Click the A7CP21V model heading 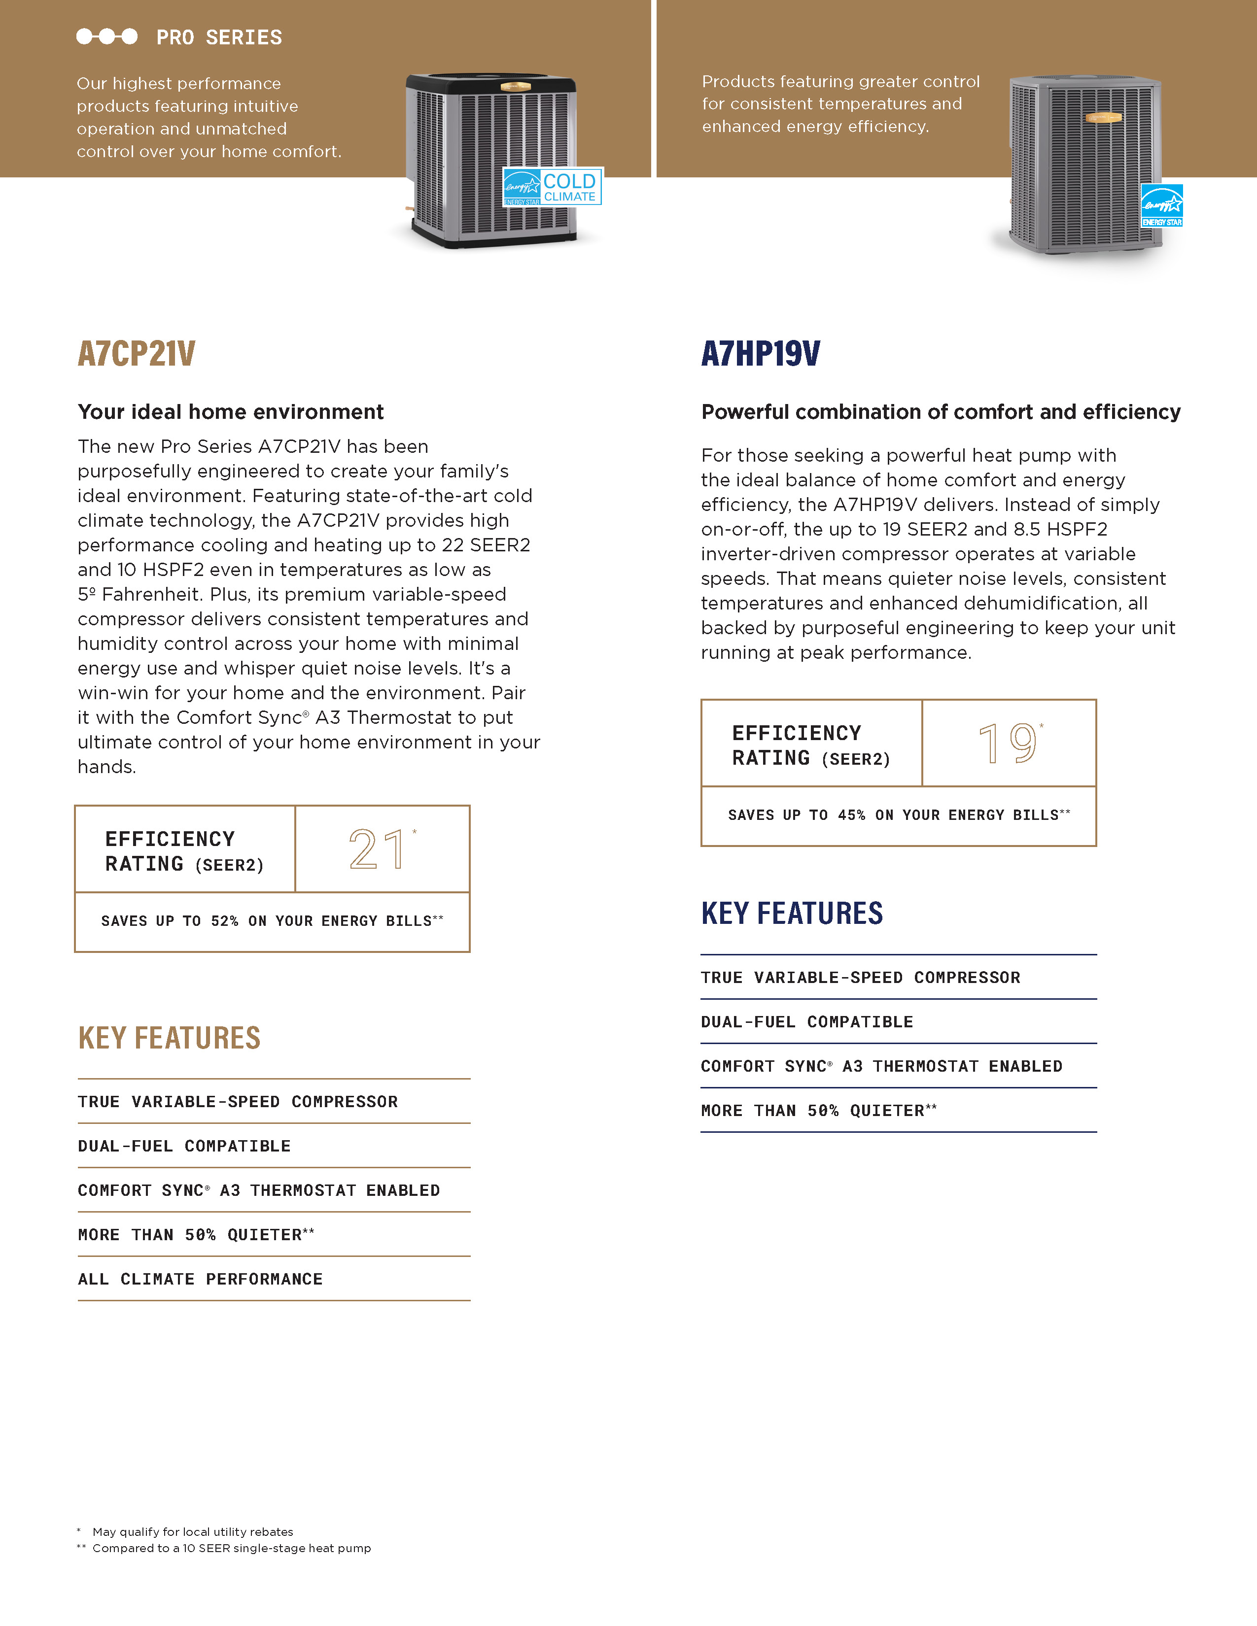point(136,354)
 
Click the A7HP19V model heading point(760,354)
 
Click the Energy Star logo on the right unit point(1162,205)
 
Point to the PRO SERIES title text point(219,37)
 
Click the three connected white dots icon point(106,36)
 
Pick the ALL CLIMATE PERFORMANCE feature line point(200,1279)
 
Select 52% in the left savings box point(224,921)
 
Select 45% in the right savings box point(851,815)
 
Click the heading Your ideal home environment point(231,412)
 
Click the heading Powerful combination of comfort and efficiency point(941,412)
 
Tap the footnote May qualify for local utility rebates point(192,1531)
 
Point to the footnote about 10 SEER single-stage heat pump point(231,1548)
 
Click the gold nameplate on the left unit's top point(515,86)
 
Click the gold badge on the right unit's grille point(1104,117)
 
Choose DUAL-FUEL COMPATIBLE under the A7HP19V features point(806,1021)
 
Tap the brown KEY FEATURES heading point(169,1038)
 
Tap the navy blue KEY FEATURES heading point(792,914)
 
